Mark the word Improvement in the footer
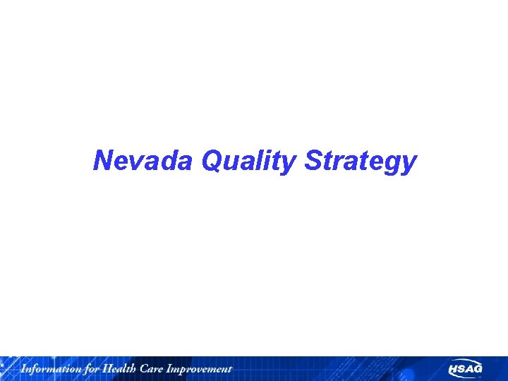tap(198, 368)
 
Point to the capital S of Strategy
tap(314, 162)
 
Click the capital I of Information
tap(23, 368)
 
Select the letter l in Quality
tap(263, 161)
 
